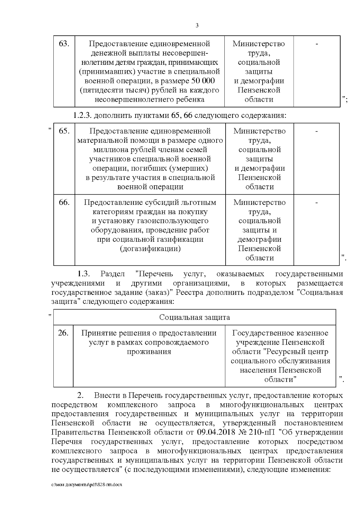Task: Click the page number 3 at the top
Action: point(197,25)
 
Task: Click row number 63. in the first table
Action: point(64,44)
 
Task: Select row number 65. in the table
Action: point(64,131)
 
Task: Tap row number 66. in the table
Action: point(64,202)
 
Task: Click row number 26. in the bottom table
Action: point(63,333)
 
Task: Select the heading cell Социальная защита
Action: point(194,317)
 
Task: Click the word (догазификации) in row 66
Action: point(150,249)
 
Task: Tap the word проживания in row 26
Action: point(149,352)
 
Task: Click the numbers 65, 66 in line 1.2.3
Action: point(182,115)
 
